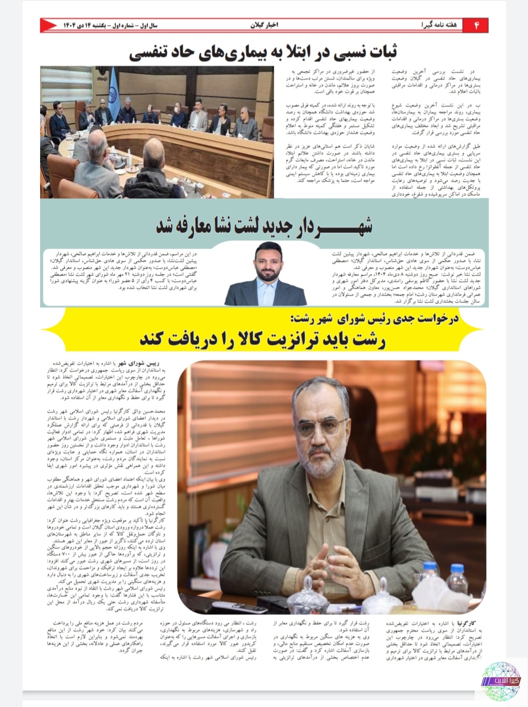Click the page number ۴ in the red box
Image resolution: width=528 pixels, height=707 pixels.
tap(477, 25)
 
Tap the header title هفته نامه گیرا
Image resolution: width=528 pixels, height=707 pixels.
tap(439, 25)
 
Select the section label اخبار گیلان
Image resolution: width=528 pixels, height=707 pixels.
tap(264, 25)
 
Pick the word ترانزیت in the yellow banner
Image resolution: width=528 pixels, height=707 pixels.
tap(276, 340)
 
